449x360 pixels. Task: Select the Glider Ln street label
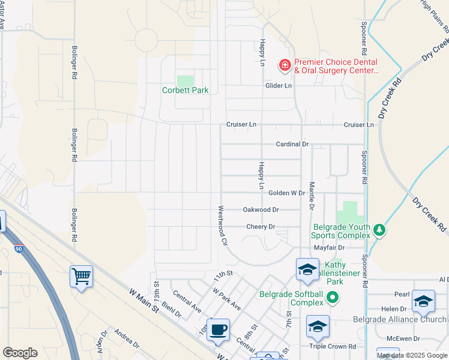(279, 86)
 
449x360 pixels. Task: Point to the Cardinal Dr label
(292, 144)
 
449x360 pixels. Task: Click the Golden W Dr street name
(286, 193)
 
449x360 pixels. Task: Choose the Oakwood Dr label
(261, 209)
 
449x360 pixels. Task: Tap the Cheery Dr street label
(261, 227)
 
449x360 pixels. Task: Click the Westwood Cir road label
(222, 226)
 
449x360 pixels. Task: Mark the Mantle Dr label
(312, 196)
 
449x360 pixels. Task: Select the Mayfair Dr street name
(328, 247)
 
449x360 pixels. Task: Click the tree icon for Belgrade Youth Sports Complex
(379, 230)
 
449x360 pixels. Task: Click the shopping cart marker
(81, 277)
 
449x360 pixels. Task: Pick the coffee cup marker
(218, 329)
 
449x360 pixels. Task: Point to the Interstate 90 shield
(2, 221)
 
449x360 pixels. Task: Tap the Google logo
(20, 352)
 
